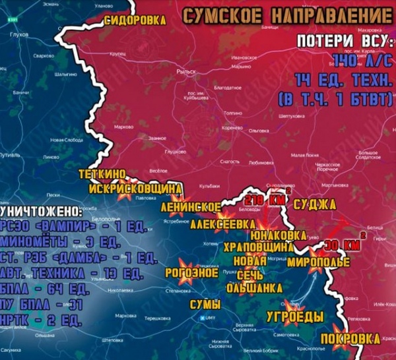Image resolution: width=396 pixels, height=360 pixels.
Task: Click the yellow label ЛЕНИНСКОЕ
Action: [x=191, y=207]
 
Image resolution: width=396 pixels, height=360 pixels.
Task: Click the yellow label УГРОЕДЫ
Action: [x=294, y=316]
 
